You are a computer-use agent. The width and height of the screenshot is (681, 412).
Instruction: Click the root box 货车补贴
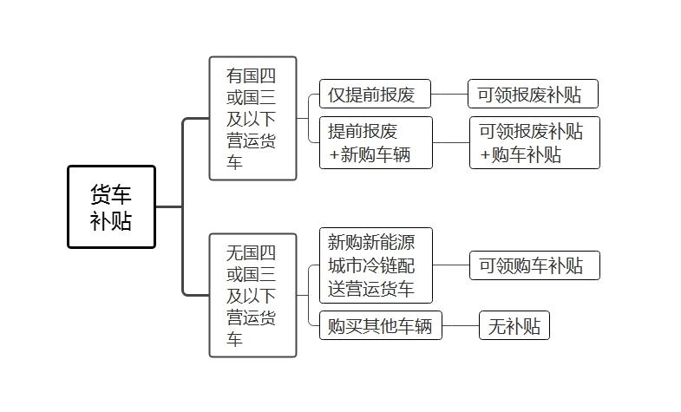point(111,207)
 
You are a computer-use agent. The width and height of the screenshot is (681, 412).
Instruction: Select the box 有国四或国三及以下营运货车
point(252,119)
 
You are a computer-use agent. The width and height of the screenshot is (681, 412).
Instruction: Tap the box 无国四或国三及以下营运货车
point(252,295)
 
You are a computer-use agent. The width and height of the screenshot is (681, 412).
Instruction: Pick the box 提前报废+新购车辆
point(375,142)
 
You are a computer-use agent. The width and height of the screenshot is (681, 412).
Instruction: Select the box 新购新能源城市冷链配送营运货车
point(375,265)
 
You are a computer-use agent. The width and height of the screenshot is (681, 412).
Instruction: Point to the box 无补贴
point(514,326)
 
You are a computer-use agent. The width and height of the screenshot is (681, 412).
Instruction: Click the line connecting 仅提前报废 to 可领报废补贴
point(449,95)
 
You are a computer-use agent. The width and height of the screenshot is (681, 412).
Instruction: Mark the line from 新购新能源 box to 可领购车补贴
point(450,265)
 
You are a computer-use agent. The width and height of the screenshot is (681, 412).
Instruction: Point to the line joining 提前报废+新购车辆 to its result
point(450,142)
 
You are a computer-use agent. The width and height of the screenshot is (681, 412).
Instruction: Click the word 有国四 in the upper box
point(252,75)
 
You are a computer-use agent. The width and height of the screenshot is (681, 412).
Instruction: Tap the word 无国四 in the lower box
point(252,252)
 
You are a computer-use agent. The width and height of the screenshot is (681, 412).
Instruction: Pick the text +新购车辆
point(370,154)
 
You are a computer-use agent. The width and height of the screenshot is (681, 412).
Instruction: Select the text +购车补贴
point(521,154)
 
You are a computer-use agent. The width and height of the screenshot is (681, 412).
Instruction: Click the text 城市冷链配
point(371,265)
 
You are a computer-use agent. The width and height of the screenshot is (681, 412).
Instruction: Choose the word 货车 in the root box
point(111,194)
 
